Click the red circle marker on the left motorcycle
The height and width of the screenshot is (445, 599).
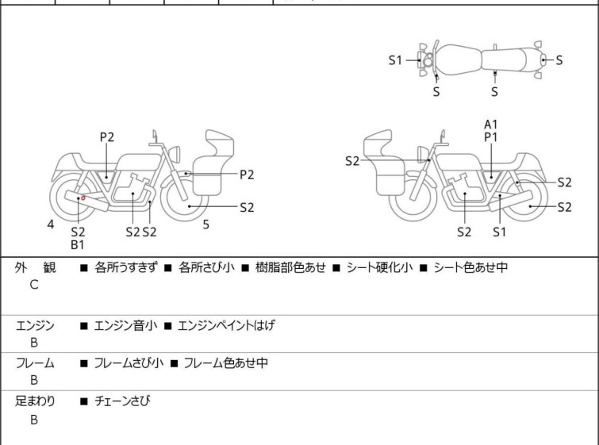click(x=83, y=198)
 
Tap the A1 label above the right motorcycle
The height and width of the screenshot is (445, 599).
click(x=491, y=124)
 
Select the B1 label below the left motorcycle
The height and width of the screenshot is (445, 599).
click(x=78, y=245)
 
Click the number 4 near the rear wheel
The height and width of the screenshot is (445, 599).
click(x=51, y=224)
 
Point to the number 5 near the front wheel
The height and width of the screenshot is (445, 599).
click(x=205, y=224)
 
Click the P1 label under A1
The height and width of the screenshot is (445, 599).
click(x=491, y=137)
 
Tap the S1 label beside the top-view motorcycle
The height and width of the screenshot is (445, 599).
click(x=395, y=59)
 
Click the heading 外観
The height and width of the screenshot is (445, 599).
click(x=36, y=268)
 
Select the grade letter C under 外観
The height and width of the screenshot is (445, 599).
click(x=34, y=285)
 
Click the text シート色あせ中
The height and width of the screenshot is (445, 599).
click(x=470, y=268)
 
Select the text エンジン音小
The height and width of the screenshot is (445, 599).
click(x=126, y=325)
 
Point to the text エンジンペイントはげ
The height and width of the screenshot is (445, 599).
click(x=226, y=325)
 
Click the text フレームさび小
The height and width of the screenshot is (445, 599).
click(x=129, y=363)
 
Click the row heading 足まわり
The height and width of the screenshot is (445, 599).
click(x=36, y=401)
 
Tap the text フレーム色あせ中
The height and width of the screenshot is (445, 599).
click(x=225, y=363)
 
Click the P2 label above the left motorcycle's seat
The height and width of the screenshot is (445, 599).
click(x=106, y=137)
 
